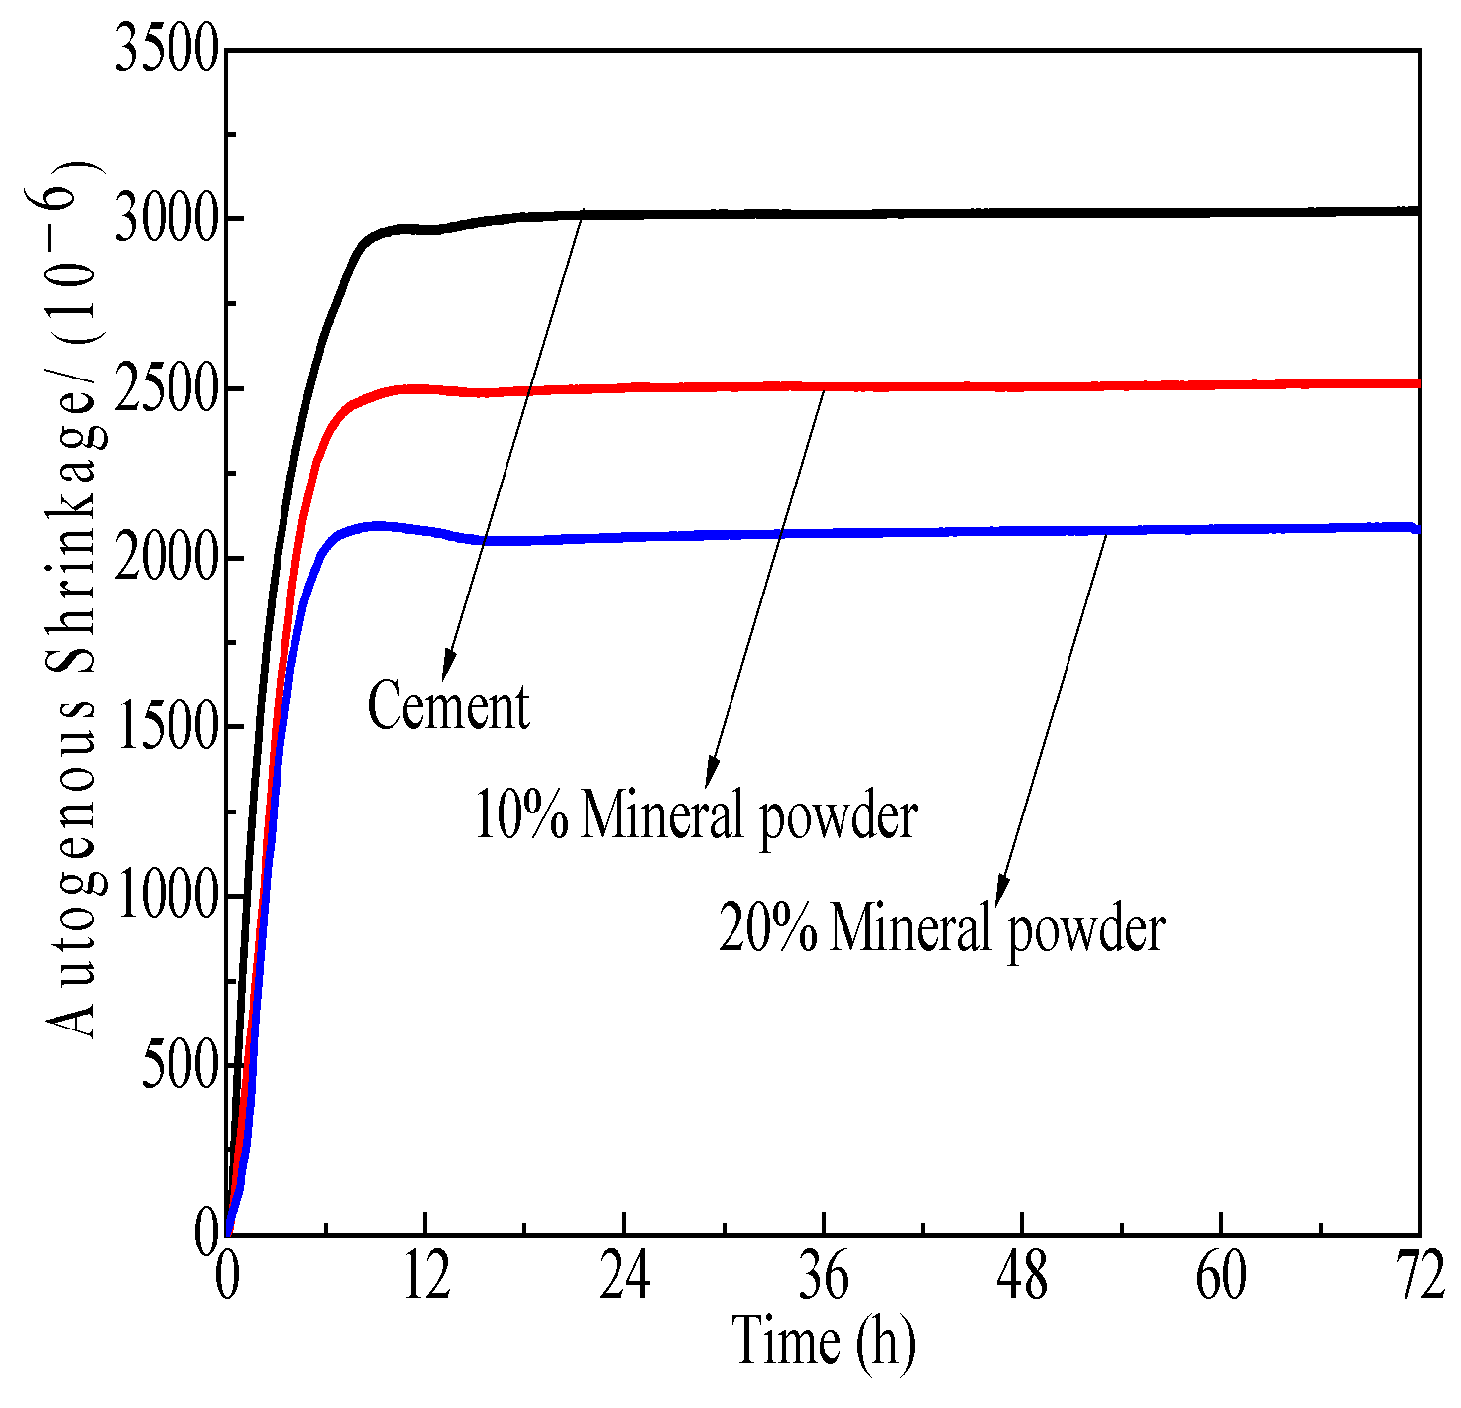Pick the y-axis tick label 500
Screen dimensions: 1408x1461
click(x=178, y=1067)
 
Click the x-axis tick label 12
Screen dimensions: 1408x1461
click(x=426, y=1278)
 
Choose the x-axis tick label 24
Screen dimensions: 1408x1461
click(x=624, y=1278)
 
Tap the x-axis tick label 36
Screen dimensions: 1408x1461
click(x=824, y=1278)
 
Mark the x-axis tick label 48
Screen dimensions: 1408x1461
click(x=1022, y=1278)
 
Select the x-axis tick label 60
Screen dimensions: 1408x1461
click(x=1221, y=1278)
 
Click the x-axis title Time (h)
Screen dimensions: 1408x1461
click(x=824, y=1344)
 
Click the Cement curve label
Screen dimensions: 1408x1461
click(x=449, y=706)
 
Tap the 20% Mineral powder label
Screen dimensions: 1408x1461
click(x=942, y=928)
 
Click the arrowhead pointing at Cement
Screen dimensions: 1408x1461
click(x=448, y=664)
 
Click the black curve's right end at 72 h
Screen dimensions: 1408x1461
click(x=1417, y=211)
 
